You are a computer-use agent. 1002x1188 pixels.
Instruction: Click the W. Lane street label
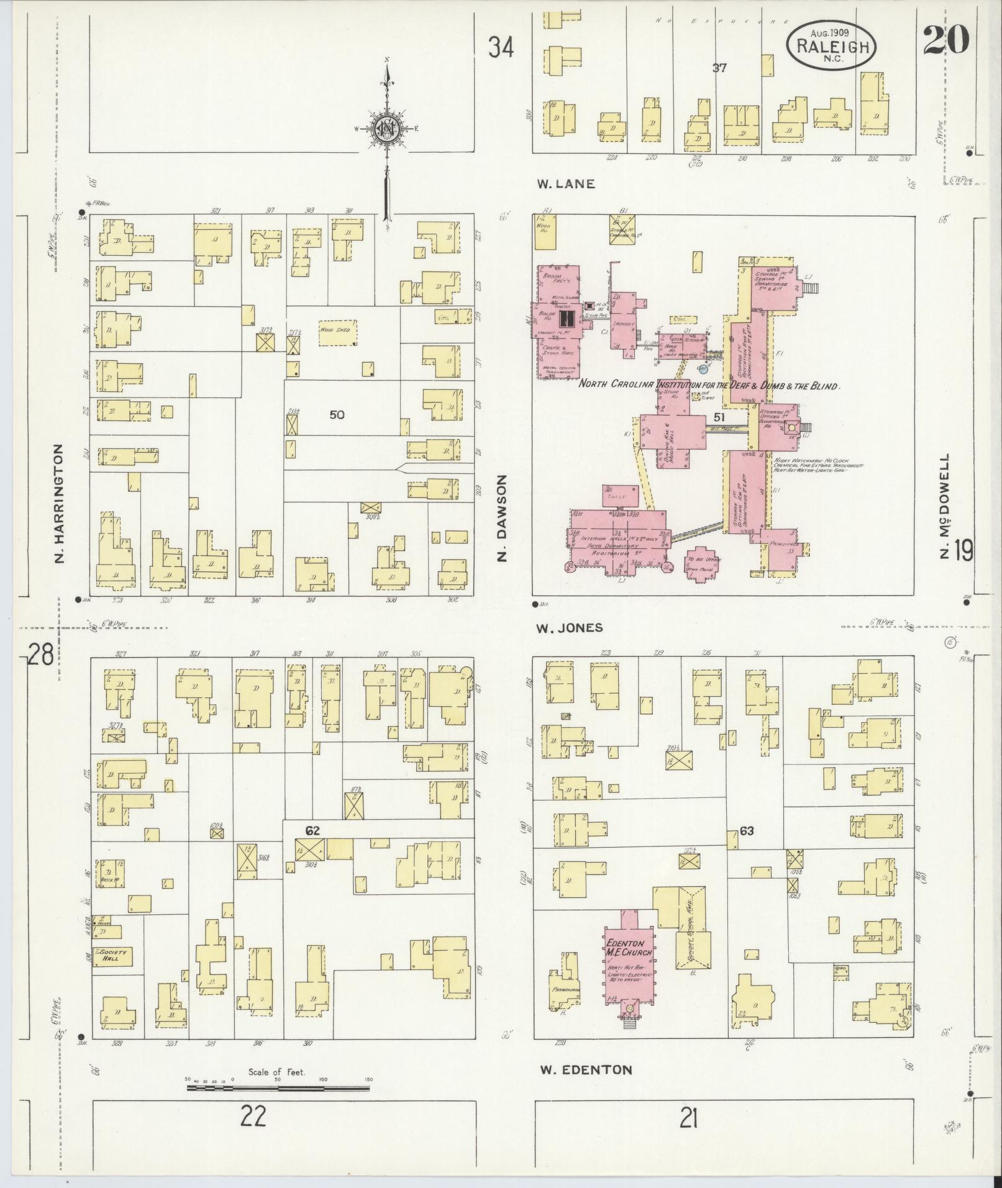(x=566, y=184)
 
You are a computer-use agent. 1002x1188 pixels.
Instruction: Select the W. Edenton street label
(x=586, y=1069)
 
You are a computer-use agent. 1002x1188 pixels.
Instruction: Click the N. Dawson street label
(x=504, y=519)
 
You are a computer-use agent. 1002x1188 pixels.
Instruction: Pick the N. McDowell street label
(x=945, y=505)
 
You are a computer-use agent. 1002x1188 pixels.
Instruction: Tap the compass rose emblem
(x=386, y=129)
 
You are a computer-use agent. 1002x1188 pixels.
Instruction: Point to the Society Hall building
(x=112, y=956)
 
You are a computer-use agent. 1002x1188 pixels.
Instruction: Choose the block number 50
(x=337, y=415)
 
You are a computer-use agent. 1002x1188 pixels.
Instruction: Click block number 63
(x=747, y=830)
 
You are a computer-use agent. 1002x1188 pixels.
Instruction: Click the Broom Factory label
(x=556, y=278)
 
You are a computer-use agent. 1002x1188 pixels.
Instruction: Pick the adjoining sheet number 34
(x=501, y=47)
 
